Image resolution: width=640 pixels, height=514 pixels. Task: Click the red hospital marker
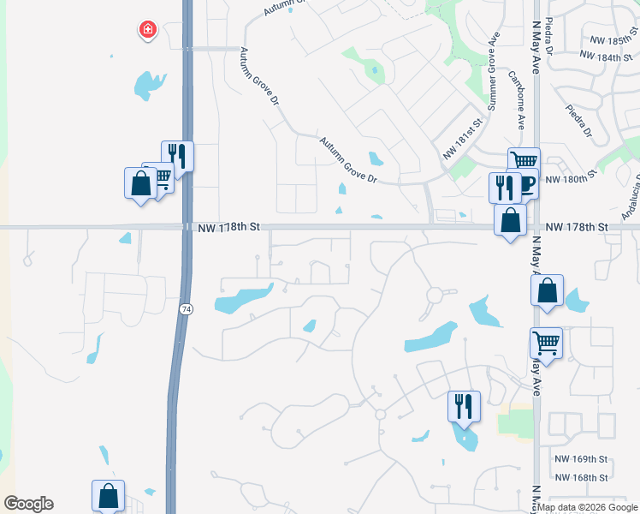click(x=148, y=30)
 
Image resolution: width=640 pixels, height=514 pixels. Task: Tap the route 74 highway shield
click(x=185, y=308)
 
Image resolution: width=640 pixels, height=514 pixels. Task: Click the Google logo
click(x=28, y=504)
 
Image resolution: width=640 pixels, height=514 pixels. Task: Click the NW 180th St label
click(x=568, y=179)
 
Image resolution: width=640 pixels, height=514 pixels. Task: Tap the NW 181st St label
click(x=463, y=139)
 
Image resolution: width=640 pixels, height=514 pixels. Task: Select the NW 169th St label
click(x=580, y=459)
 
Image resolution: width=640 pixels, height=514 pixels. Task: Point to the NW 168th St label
click(x=580, y=477)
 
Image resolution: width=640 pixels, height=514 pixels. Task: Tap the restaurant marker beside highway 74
click(x=178, y=156)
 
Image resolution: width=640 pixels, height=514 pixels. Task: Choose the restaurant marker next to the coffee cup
click(x=504, y=187)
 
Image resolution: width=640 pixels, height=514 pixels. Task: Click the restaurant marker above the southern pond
click(x=464, y=405)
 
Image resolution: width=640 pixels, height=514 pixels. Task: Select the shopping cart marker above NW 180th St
click(x=524, y=160)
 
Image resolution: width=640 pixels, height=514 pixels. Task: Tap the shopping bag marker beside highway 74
click(x=139, y=183)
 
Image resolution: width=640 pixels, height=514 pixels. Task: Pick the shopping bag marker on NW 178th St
click(x=511, y=219)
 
